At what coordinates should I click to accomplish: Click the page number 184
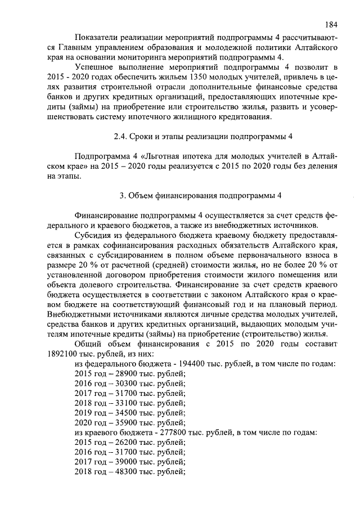(x=331, y=25)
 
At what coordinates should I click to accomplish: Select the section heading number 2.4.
(x=121, y=137)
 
